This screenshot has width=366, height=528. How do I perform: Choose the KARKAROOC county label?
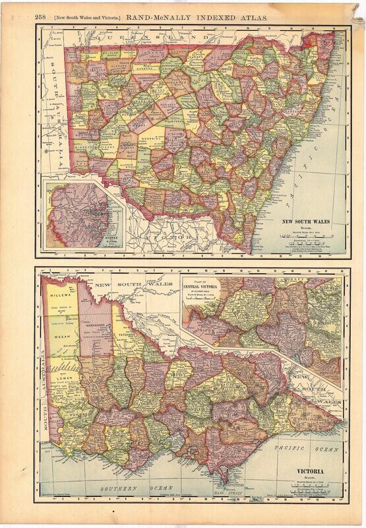coord(96,325)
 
